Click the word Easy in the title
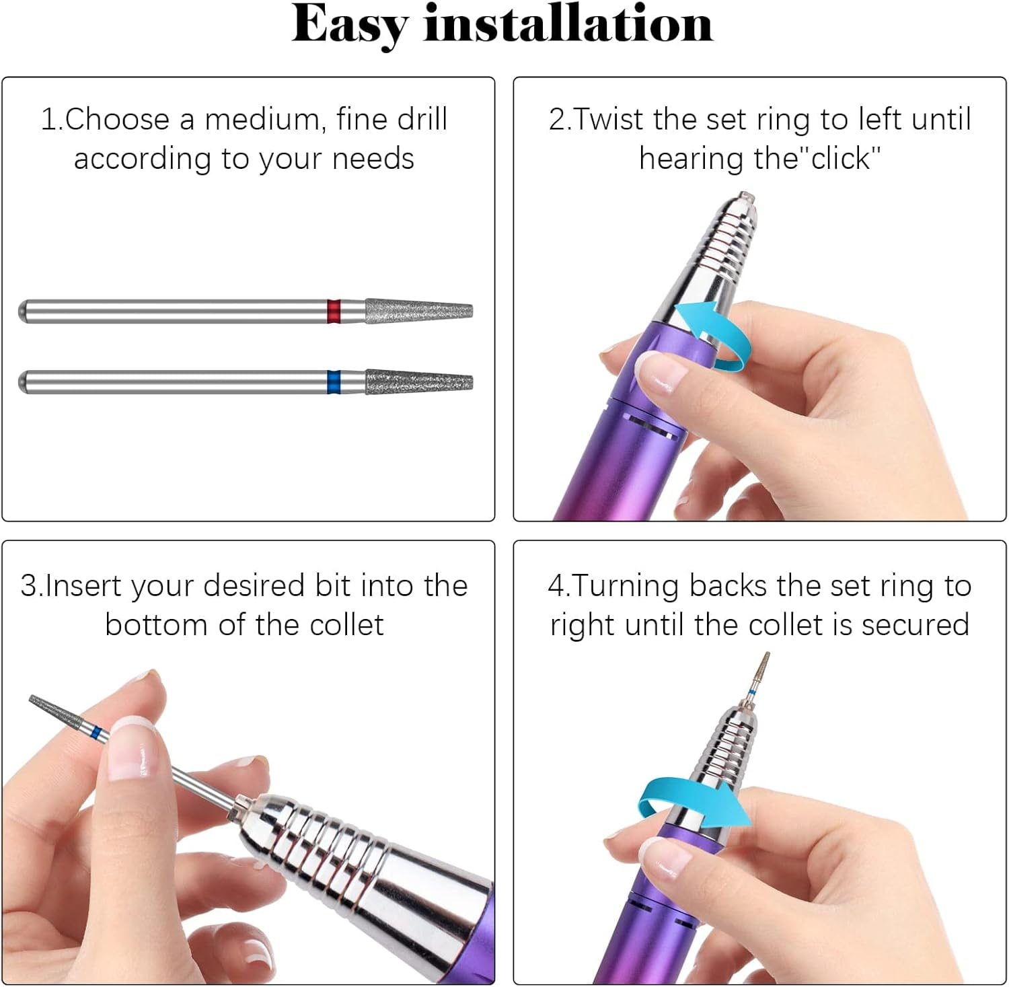pyautogui.click(x=349, y=26)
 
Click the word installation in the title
pyautogui.click(x=568, y=24)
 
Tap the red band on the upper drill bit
pyautogui.click(x=334, y=312)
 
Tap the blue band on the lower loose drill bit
pyautogui.click(x=334, y=381)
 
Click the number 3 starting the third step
pyautogui.click(x=28, y=586)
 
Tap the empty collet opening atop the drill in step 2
pyautogui.click(x=745, y=198)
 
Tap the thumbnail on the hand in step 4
pyautogui.click(x=667, y=858)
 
